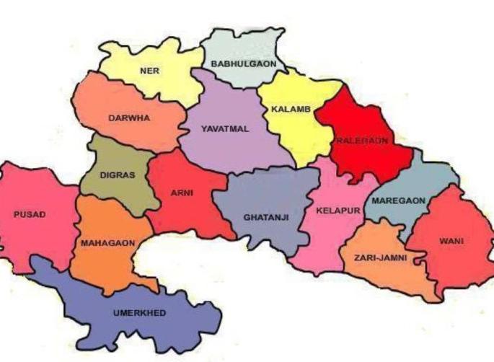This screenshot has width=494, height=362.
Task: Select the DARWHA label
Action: tap(129, 118)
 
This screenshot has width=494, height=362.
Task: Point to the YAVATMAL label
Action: tap(224, 129)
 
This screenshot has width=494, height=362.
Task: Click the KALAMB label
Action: tap(291, 110)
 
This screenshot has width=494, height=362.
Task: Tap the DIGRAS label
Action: tap(117, 175)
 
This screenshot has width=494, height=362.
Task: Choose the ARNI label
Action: tap(181, 193)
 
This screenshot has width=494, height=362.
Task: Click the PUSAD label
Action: tap(29, 214)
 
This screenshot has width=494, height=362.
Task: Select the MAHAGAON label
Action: tap(107, 244)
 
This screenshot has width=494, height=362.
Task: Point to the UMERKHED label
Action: tap(138, 313)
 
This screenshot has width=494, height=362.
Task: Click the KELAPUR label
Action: tap(333, 211)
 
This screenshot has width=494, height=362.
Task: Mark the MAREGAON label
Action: tap(398, 200)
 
